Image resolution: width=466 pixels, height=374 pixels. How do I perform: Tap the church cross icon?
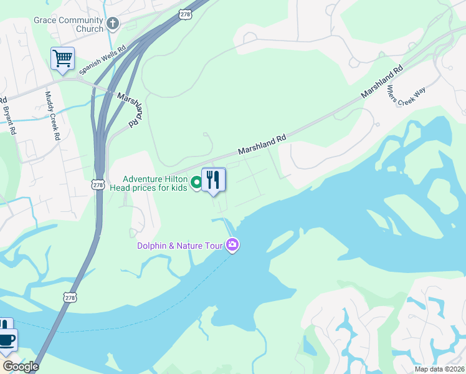[113, 24]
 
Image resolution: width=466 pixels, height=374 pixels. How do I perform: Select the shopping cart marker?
[62, 59]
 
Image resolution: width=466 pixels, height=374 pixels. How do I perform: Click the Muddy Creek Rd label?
[52, 115]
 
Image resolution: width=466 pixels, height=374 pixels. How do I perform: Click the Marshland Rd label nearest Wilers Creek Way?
[382, 82]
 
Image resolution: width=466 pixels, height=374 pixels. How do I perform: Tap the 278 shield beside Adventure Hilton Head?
[97, 185]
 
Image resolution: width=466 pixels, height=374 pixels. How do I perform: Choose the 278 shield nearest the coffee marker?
[69, 298]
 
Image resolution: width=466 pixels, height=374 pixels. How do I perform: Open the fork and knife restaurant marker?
[214, 180]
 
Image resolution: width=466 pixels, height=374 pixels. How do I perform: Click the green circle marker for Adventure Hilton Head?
[196, 183]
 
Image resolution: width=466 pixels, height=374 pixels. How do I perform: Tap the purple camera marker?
[232, 244]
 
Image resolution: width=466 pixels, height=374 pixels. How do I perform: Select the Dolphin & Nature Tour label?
[180, 246]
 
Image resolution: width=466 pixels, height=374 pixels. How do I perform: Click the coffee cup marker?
[7, 340]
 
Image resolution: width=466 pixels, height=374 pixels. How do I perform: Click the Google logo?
[21, 367]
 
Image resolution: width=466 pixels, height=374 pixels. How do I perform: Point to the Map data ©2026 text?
[439, 369]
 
